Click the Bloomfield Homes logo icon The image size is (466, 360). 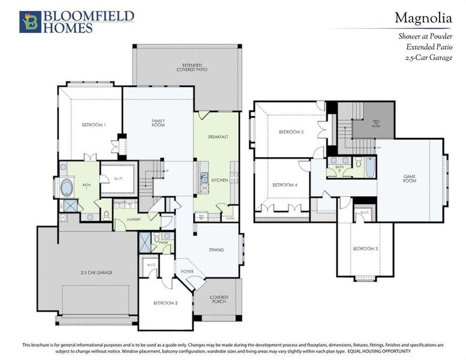(x=29, y=21)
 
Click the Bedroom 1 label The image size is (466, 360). (x=94, y=125)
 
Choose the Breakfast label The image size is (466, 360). (x=218, y=137)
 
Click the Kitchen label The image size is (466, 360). (x=219, y=179)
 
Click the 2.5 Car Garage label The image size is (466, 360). (x=97, y=272)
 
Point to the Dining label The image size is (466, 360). (x=216, y=250)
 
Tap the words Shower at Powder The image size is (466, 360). (x=425, y=36)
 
